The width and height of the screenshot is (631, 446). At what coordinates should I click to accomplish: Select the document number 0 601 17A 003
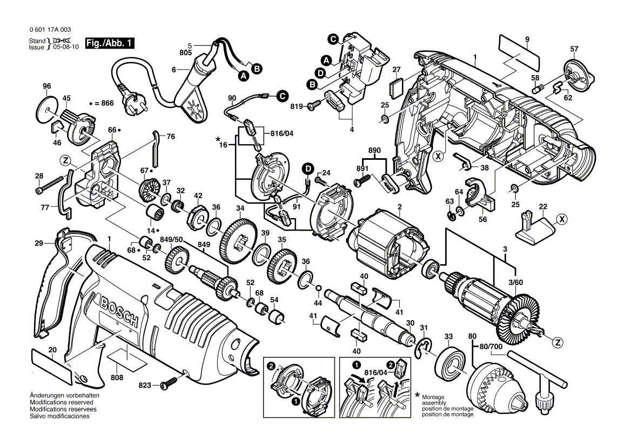click(x=48, y=30)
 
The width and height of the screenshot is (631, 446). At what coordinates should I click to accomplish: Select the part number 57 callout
click(x=574, y=49)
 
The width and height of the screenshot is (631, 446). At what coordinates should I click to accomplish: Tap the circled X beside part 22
click(x=563, y=219)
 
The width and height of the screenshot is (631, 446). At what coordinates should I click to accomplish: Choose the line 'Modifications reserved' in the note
click(x=61, y=403)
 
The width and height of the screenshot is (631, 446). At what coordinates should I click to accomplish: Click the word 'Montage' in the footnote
click(x=432, y=397)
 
